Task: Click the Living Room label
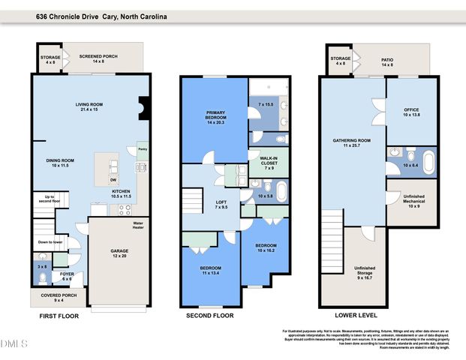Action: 88,106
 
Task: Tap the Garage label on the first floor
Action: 120,253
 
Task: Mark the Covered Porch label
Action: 51,298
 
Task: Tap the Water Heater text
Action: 138,224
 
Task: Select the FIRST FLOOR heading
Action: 59,316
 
